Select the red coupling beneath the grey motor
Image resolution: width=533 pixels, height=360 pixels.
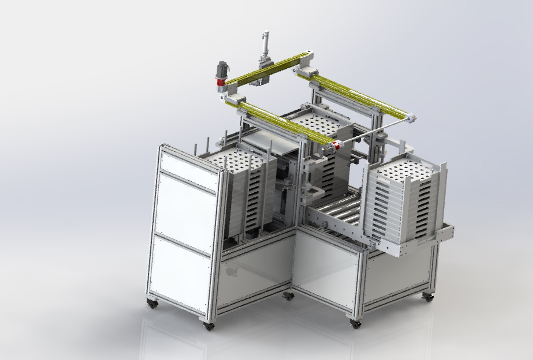click(220, 81)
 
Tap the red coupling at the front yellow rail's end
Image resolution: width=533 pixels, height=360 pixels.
click(337, 146)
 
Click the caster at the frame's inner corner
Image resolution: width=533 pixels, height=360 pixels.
click(288, 295)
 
